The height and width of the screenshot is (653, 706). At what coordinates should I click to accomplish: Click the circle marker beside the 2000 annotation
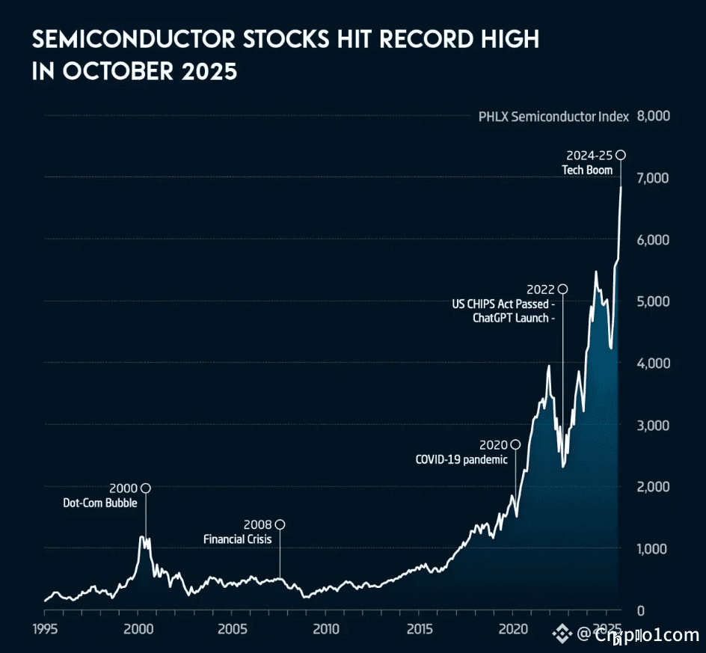(146, 488)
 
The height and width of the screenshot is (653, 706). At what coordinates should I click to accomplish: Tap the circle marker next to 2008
(280, 524)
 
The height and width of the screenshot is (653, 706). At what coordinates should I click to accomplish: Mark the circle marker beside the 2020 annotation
(515, 445)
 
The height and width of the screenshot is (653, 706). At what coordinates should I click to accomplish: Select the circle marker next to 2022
(563, 289)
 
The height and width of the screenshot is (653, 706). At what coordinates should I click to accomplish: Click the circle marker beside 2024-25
(620, 155)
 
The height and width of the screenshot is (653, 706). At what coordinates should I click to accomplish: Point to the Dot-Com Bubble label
(100, 503)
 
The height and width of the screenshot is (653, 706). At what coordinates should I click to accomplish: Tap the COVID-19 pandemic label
(461, 459)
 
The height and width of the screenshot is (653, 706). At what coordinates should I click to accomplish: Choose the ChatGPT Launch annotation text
(512, 317)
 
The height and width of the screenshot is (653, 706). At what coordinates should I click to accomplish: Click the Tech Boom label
(587, 170)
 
